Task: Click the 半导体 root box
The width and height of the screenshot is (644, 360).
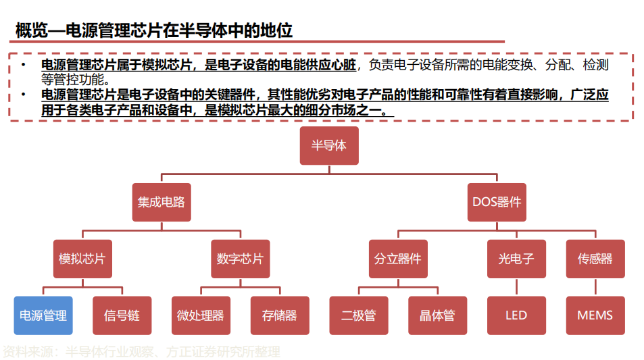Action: coord(328,146)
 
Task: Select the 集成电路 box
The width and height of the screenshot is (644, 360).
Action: coord(161,202)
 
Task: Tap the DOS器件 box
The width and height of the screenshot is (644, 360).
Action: coord(496,202)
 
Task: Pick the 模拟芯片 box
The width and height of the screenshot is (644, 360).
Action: coord(82,259)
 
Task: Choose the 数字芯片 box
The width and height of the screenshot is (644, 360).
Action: coord(240,259)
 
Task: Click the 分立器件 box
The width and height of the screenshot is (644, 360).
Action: coord(397,259)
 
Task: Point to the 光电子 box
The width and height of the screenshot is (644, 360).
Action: coord(516,259)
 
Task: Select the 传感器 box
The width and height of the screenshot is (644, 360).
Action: coord(595,259)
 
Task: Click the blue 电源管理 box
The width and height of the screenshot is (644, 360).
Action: coord(43,315)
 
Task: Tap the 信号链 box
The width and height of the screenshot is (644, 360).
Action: coord(122,315)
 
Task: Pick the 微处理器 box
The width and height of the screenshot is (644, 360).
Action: coord(201,315)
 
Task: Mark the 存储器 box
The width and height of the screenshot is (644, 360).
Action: coord(279,315)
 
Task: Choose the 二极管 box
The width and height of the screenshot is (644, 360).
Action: coord(358,315)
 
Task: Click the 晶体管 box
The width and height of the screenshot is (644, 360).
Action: coord(437,315)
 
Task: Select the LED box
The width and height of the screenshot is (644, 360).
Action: coord(516,315)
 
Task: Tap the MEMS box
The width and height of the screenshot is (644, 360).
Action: coord(595,315)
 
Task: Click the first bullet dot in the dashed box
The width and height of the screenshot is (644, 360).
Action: coord(23,65)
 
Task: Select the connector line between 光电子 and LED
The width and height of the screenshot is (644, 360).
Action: coord(516,287)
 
